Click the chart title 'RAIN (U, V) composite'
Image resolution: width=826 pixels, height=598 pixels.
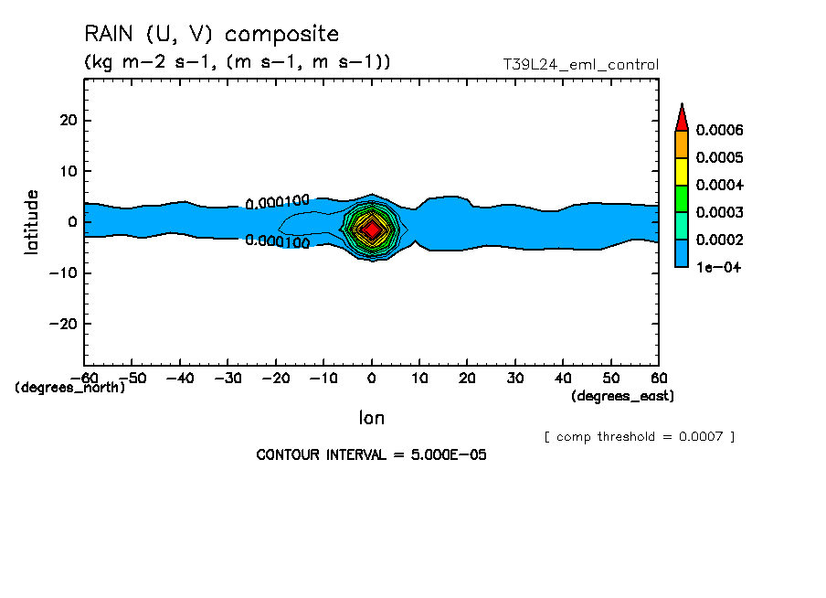(x=211, y=35)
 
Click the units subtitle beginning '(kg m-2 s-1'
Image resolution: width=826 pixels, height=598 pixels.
(x=237, y=62)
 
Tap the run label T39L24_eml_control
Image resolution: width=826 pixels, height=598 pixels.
(x=580, y=65)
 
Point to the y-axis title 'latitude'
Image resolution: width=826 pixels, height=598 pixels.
(x=32, y=222)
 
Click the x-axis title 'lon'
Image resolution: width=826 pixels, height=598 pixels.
(x=371, y=418)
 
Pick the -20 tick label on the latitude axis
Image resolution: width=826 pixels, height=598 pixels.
(x=64, y=324)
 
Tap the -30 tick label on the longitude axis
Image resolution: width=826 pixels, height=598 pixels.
(x=228, y=378)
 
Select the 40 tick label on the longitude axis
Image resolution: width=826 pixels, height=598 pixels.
(x=563, y=378)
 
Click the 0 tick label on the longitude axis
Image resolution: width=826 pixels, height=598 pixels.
(x=371, y=378)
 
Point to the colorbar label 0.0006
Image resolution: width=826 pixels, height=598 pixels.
(x=719, y=131)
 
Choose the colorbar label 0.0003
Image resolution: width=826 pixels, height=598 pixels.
(x=719, y=212)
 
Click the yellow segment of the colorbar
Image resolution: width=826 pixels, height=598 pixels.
(x=681, y=171)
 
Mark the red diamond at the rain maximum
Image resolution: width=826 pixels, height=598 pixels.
(x=371, y=230)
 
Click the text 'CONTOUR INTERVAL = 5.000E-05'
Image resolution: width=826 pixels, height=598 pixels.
(x=371, y=454)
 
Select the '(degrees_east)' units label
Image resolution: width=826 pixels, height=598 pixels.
(x=622, y=396)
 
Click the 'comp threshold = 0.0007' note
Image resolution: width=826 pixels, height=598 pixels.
(x=639, y=436)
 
